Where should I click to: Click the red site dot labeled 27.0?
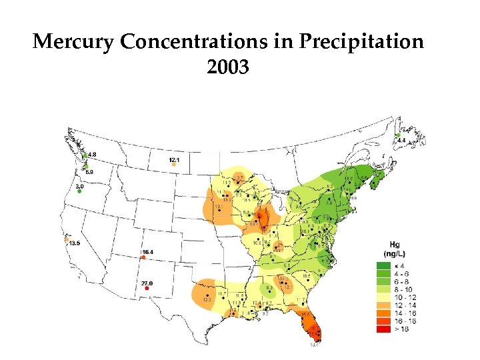146,289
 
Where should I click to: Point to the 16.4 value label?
147,251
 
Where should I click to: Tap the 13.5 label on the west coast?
73,243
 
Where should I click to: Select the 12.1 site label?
174,161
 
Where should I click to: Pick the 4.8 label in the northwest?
92,155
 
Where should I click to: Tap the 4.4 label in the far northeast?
401,141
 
